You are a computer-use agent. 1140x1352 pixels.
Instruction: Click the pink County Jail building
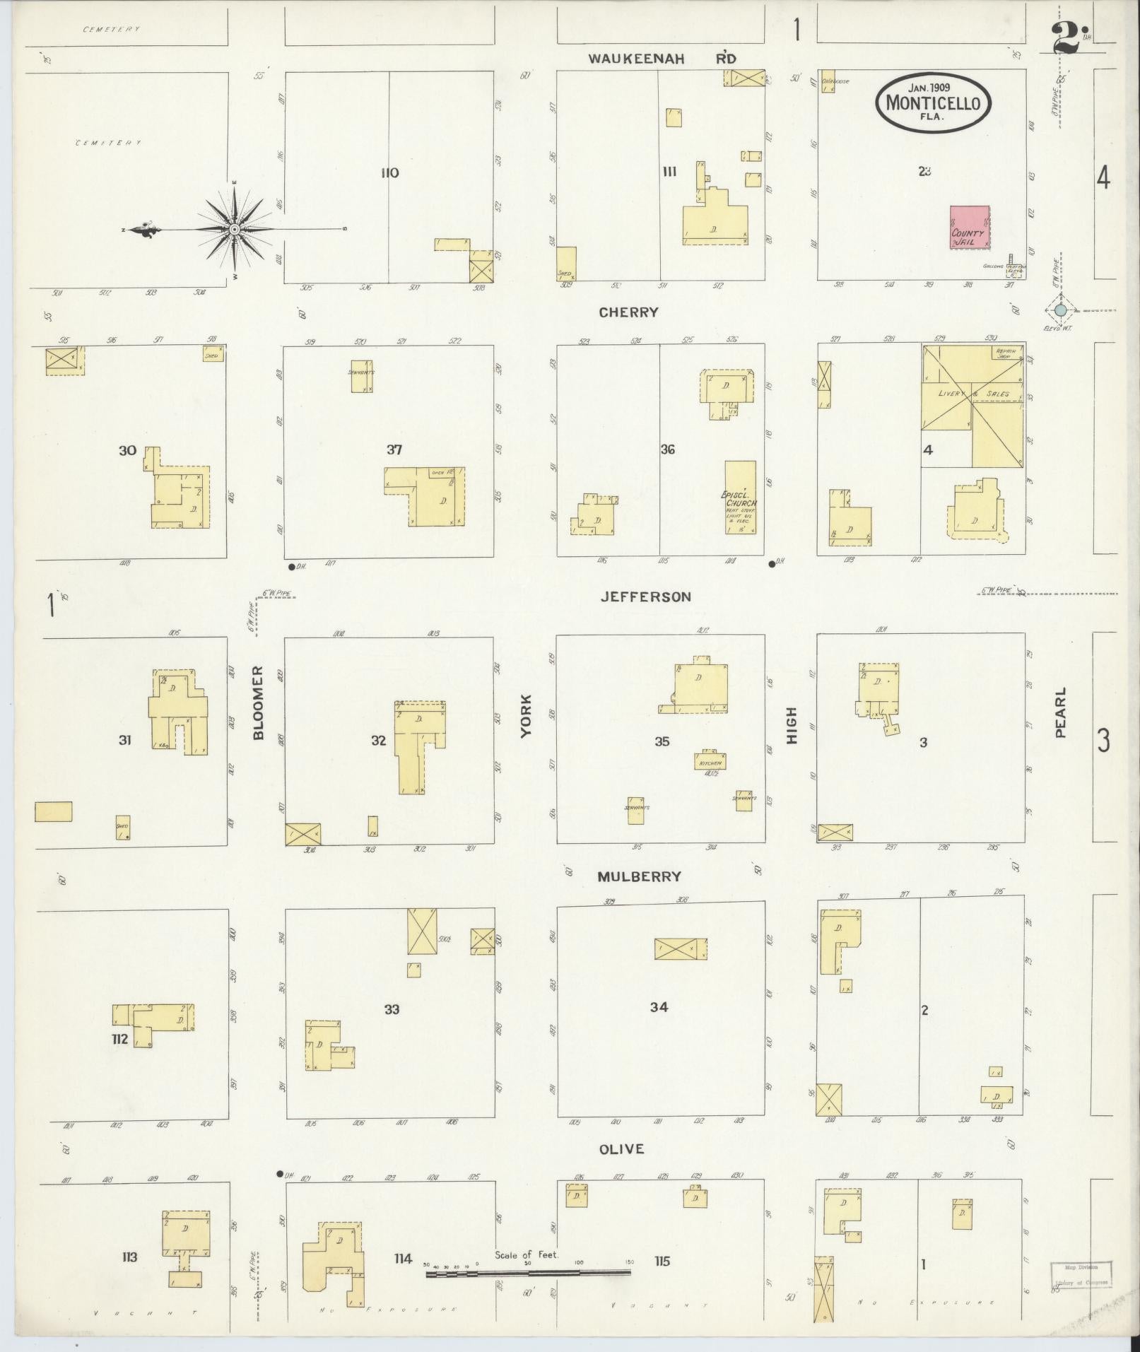(x=969, y=228)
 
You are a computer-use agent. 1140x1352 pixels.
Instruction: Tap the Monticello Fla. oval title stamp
(x=933, y=102)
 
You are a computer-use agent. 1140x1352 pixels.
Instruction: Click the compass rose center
(x=234, y=230)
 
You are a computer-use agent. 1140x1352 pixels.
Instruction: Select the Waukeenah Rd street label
(x=662, y=59)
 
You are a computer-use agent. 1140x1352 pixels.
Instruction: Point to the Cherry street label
(x=628, y=312)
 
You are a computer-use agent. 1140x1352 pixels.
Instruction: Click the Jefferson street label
(x=645, y=597)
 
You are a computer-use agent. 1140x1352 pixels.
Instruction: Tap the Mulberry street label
(x=639, y=876)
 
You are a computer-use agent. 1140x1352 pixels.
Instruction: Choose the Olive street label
(x=622, y=1149)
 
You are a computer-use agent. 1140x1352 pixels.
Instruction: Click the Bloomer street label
(x=258, y=703)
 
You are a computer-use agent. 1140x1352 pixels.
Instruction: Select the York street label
(x=525, y=717)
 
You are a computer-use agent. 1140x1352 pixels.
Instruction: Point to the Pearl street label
(x=1060, y=713)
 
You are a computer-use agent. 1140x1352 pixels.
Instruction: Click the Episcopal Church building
(x=740, y=497)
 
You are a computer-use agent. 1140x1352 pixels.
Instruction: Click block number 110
(x=389, y=173)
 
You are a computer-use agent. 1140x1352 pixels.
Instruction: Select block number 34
(x=659, y=1007)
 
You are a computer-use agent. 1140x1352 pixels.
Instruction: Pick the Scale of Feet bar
(x=527, y=1273)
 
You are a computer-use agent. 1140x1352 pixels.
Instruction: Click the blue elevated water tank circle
(x=1060, y=310)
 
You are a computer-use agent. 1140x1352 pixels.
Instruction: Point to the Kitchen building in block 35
(x=710, y=761)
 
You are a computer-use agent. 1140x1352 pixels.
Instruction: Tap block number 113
(x=129, y=1257)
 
